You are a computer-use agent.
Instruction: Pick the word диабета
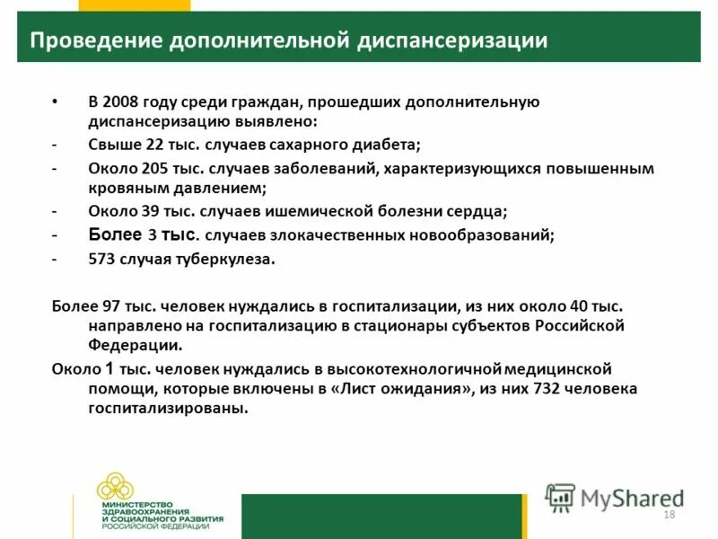pyautogui.click(x=390, y=145)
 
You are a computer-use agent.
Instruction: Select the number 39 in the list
pyautogui.click(x=150, y=213)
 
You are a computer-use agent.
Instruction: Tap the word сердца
pyautogui.click(x=481, y=213)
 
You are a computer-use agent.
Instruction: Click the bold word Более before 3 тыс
pyautogui.click(x=115, y=235)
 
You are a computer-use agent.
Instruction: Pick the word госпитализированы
pyautogui.click(x=166, y=409)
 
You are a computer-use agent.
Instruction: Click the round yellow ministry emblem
pyautogui.click(x=115, y=487)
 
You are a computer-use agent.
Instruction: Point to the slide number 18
pyautogui.click(x=668, y=514)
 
